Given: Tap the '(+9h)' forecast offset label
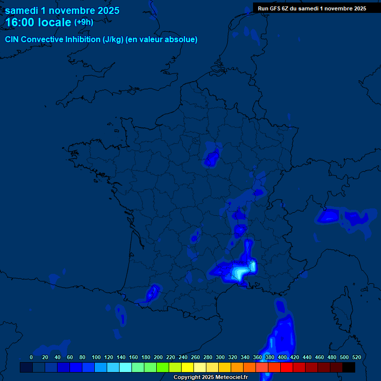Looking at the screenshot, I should tap(83, 22).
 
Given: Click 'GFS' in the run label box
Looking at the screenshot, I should tap(278, 8).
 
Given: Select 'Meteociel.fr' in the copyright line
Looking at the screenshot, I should tap(229, 378).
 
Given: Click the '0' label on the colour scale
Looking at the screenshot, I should tap(31, 357).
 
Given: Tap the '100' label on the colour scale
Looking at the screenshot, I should tap(96, 357).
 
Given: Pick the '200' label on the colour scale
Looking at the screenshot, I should tap(158, 357).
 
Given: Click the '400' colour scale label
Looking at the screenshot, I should tap(282, 357).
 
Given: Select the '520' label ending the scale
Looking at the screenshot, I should tap(356, 357).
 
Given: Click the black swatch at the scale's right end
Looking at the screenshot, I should tap(349, 368).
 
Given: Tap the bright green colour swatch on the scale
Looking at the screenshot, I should tap(163, 368).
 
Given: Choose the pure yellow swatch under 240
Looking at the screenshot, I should tap(188, 368).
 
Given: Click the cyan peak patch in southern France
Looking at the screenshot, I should tap(241, 272).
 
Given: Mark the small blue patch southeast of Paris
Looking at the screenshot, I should tap(212, 158).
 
